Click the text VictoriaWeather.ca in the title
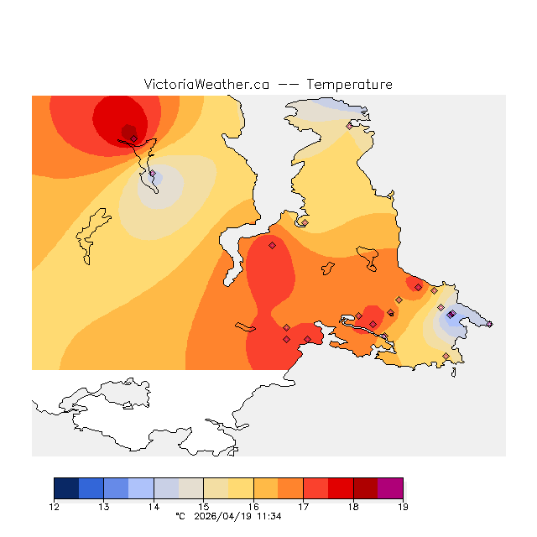[x=206, y=85]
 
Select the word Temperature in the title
[x=349, y=85]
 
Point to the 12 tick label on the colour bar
[x=55, y=506]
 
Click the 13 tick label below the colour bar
[x=104, y=506]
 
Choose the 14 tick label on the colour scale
[x=154, y=506]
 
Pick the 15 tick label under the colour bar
[x=204, y=506]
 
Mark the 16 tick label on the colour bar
[x=253, y=506]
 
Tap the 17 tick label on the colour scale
[x=303, y=506]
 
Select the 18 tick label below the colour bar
[x=353, y=506]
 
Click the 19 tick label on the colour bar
[x=403, y=506]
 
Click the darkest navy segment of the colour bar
[x=66, y=488]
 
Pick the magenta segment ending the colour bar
[x=390, y=488]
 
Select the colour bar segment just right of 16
[x=266, y=488]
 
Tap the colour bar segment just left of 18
[x=341, y=488]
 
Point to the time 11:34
[x=269, y=516]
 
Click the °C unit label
[x=180, y=516]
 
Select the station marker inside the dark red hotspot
[x=133, y=138]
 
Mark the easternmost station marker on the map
[x=489, y=324]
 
